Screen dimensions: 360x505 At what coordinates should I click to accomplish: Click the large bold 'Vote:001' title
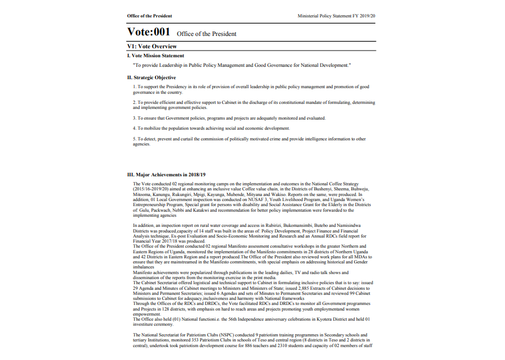point(149,32)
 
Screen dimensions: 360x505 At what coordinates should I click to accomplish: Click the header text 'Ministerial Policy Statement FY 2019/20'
point(336,16)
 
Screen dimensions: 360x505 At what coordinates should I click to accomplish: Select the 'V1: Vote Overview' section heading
point(152,46)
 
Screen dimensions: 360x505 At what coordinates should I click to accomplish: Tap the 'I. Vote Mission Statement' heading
point(155,56)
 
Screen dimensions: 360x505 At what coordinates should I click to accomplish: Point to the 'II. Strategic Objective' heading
point(151,78)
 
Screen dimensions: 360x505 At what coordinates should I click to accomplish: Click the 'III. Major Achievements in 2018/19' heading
point(167,175)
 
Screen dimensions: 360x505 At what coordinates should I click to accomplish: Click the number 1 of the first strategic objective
point(134,87)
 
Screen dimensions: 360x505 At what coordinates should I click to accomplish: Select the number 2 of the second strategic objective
point(134,103)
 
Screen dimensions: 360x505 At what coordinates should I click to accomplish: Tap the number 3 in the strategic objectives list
point(134,119)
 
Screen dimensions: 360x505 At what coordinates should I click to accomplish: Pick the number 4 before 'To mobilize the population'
point(134,129)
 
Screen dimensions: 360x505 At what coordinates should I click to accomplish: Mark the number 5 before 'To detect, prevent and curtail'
point(134,139)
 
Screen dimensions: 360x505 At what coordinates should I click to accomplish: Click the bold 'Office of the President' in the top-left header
point(149,16)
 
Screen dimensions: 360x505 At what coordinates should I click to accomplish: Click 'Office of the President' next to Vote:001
point(206,34)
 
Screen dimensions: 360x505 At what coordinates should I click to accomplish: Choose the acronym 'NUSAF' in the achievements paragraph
point(255,199)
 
